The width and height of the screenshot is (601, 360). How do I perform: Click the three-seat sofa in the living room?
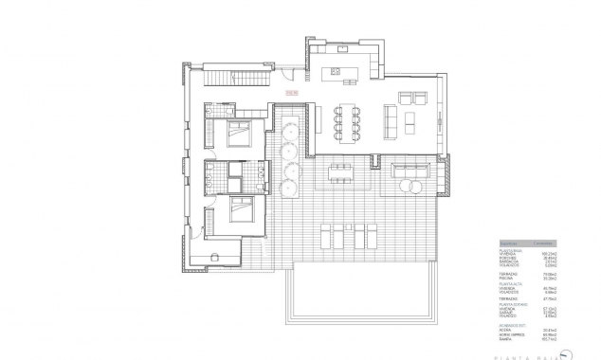point(389,121)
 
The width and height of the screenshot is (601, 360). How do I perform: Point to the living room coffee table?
point(410,121)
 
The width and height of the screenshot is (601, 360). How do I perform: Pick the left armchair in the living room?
point(405,97)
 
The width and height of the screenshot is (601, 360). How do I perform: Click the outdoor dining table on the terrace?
point(340,171)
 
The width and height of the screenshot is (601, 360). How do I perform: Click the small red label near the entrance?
point(291,93)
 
